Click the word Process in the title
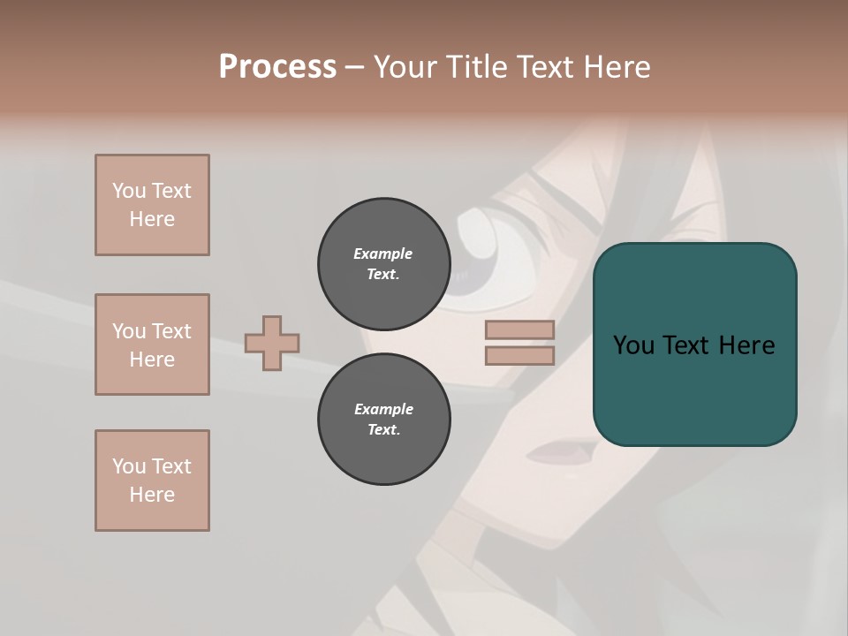click(x=277, y=67)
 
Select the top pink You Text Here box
click(x=152, y=205)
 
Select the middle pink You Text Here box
click(x=152, y=344)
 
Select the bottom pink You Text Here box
click(x=152, y=481)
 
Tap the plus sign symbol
click(x=272, y=343)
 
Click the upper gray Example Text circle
click(x=383, y=264)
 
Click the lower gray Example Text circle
click(x=383, y=420)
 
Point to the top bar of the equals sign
click(x=519, y=330)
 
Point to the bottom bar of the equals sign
click(x=519, y=356)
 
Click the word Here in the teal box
click(x=746, y=345)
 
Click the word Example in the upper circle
click(x=383, y=254)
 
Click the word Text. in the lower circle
click(x=383, y=430)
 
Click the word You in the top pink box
click(x=129, y=191)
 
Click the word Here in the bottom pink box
click(x=152, y=495)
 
